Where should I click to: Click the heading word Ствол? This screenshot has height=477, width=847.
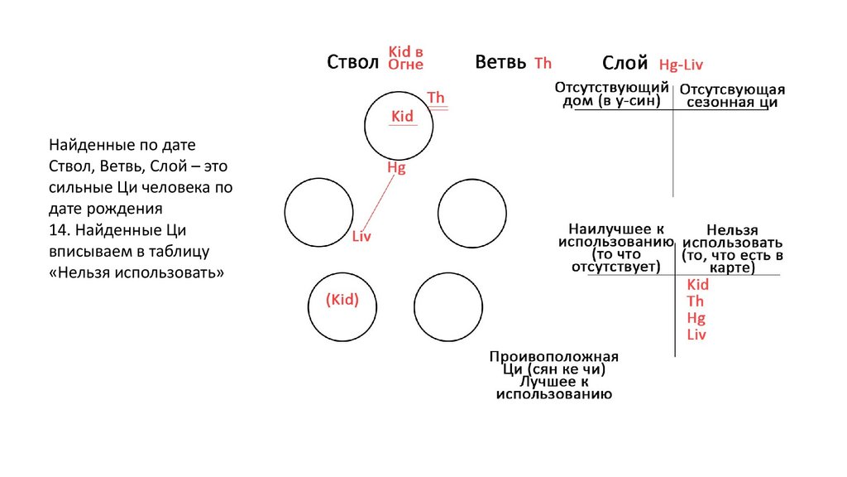[x=352, y=63]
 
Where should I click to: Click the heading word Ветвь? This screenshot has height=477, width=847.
[x=500, y=63]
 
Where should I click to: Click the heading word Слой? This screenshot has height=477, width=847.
[x=624, y=63]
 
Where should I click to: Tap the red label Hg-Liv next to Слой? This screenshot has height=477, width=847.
[x=681, y=65]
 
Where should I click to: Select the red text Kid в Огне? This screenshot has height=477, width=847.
[x=406, y=58]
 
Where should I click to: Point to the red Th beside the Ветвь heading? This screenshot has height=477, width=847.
[x=543, y=63]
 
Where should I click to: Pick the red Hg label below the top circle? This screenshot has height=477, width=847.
[x=396, y=167]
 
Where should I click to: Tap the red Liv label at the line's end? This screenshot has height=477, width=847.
[x=361, y=237]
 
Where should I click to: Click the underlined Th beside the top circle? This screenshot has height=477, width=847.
[x=436, y=99]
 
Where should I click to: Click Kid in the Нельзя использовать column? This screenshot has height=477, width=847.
[x=698, y=285]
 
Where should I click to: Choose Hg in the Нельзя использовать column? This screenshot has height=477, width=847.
[x=696, y=318]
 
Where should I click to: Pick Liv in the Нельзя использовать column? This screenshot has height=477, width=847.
[x=696, y=335]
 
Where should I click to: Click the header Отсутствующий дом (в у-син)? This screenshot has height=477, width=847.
[x=610, y=94]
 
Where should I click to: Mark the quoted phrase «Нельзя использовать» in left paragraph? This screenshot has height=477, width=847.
[x=136, y=272]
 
